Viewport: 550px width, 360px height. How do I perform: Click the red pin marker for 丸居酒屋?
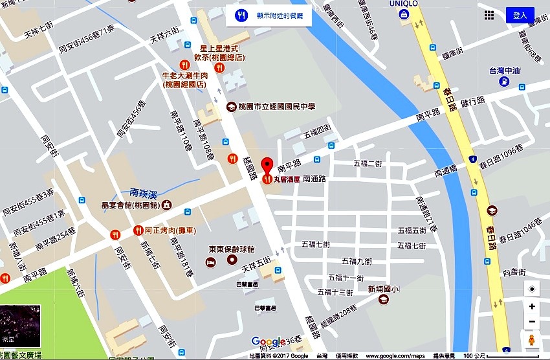266,165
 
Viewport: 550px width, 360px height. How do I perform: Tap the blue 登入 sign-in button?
520,16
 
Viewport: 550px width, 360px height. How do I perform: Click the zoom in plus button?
532,306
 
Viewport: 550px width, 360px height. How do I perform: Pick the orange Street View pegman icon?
532,340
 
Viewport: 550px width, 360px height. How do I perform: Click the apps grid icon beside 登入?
489,16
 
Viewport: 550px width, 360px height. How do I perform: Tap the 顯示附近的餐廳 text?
281,16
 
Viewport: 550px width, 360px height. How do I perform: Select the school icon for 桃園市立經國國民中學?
230,107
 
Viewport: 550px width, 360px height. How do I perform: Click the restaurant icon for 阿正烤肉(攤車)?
138,230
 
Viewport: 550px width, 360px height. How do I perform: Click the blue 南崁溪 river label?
144,192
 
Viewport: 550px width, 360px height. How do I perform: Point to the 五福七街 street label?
316,244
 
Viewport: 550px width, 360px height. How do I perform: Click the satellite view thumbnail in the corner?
20,326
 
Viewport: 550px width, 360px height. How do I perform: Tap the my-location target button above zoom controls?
532,289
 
